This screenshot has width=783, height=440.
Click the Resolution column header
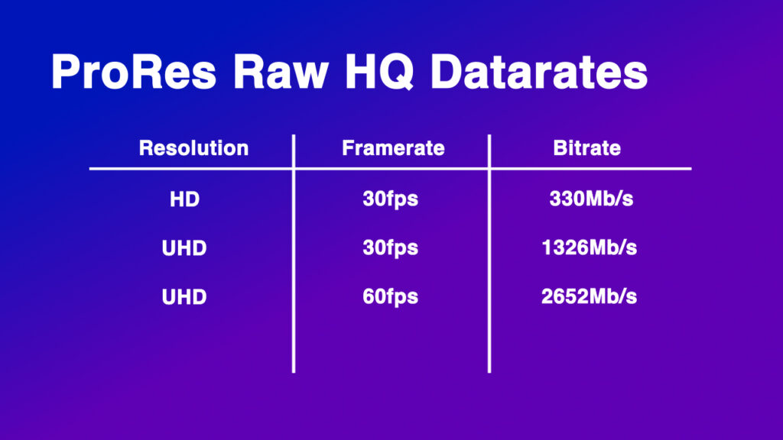[193, 148]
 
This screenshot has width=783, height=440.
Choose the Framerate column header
[393, 148]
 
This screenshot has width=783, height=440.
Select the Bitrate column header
[586, 148]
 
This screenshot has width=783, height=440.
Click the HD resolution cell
[184, 200]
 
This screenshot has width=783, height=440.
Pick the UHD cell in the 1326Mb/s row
[184, 248]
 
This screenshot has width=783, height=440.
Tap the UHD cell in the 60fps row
[184, 297]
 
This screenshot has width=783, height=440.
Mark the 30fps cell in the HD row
[390, 200]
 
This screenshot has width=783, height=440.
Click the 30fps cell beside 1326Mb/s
[390, 248]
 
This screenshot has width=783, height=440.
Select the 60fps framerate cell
[390, 297]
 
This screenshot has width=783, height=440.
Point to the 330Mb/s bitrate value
[592, 200]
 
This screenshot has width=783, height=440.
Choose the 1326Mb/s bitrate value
[589, 248]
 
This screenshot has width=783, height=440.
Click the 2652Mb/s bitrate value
[589, 297]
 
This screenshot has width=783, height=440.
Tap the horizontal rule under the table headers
[390, 168]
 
